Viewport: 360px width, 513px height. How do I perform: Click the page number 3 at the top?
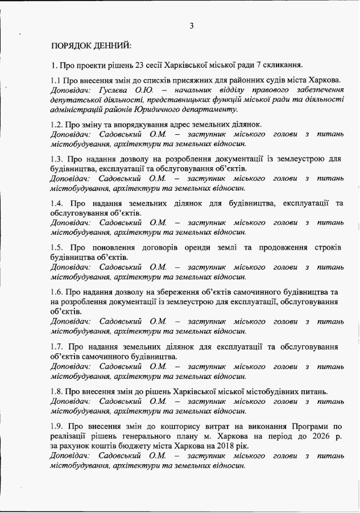192,25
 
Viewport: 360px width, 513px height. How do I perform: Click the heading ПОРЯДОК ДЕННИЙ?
91,44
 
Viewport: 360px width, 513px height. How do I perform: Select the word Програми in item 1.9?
308,425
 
